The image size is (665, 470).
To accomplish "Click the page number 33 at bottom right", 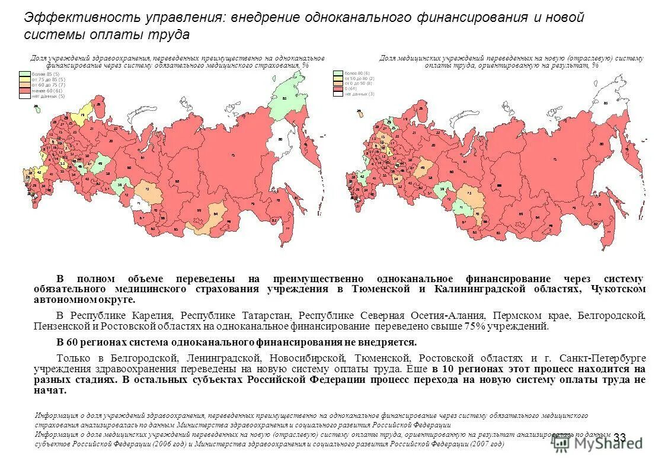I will [x=619, y=437].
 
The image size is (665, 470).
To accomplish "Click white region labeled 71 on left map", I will [x=138, y=203].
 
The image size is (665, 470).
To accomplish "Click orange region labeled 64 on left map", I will [x=215, y=215].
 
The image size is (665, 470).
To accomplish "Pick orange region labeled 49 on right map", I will [x=423, y=168].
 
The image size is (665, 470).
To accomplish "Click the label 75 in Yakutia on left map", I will [x=232, y=155].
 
